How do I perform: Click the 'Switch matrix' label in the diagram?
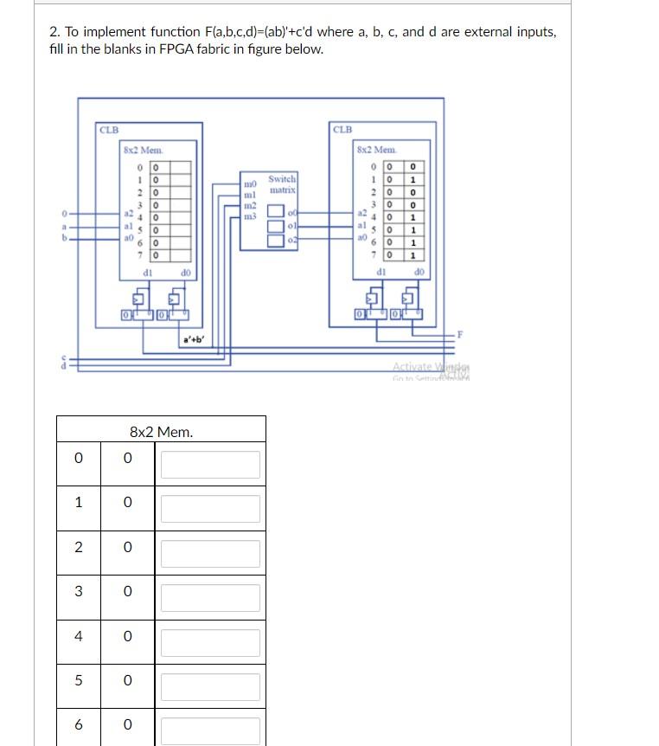coord(283,183)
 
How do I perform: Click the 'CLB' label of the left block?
coord(108,130)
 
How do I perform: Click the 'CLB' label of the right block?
coord(342,130)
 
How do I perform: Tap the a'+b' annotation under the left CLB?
coord(192,339)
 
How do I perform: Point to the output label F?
coord(460,334)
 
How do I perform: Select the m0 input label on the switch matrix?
coord(250,184)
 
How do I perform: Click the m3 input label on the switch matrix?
coord(250,215)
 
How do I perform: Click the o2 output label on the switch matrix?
coord(294,238)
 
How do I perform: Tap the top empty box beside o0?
coord(275,211)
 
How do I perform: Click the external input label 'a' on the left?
coord(63,227)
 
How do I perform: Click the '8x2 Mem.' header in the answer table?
coord(161,431)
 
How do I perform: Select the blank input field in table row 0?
coord(210,465)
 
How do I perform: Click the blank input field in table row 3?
coord(210,598)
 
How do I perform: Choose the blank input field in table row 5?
coord(210,687)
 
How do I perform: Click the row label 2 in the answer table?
coord(79,547)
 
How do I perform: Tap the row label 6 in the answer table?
coord(79,723)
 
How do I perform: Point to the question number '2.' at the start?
coord(55,32)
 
